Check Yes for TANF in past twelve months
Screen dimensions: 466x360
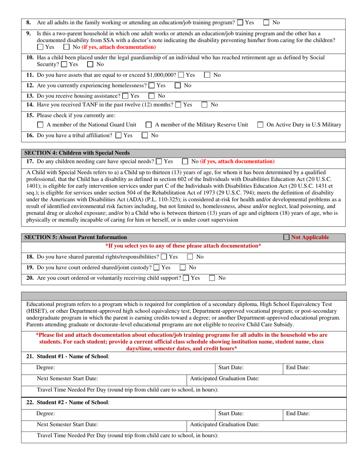(178, 104)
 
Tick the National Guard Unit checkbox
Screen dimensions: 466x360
(41, 125)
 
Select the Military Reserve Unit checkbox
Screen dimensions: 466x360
(149, 125)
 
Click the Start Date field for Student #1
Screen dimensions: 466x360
(261, 367)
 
